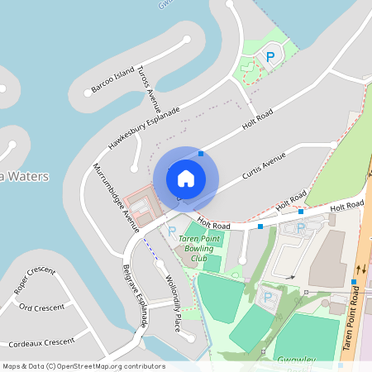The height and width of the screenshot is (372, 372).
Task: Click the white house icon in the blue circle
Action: (x=186, y=178)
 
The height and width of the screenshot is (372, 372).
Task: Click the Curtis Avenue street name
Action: (x=264, y=167)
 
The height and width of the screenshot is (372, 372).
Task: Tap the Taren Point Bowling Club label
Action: (x=199, y=248)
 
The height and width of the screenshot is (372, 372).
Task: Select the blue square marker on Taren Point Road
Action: (x=354, y=282)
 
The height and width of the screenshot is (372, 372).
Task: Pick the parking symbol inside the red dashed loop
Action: (x=269, y=57)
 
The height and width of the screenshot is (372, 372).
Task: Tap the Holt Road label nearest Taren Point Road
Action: (x=346, y=204)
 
